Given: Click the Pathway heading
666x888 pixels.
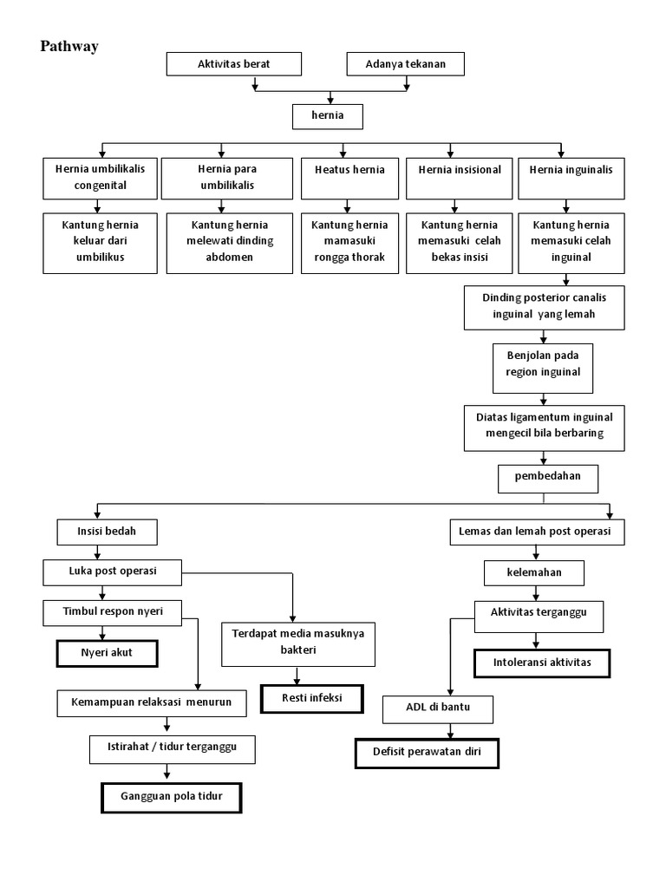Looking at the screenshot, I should click(x=69, y=47).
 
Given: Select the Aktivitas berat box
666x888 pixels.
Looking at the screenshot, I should click(x=233, y=64).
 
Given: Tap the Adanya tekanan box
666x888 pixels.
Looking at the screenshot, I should click(x=405, y=64).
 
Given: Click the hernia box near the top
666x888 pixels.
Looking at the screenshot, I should click(x=326, y=116).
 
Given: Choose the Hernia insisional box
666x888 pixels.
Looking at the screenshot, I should click(x=459, y=178).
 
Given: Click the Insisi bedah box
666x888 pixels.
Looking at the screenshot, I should click(x=96, y=530).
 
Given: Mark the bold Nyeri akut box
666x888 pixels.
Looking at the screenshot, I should click(x=108, y=653).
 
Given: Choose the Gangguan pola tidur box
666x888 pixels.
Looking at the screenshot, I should click(x=171, y=798).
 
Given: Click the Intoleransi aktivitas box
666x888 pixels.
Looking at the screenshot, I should click(x=541, y=663).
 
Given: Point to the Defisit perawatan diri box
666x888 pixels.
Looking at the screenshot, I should click(x=428, y=753).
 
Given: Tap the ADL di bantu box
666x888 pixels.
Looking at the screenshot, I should click(x=438, y=709).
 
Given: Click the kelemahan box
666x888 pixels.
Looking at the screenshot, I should click(x=534, y=573).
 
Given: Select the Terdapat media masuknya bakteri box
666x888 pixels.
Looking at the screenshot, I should click(x=297, y=642).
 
